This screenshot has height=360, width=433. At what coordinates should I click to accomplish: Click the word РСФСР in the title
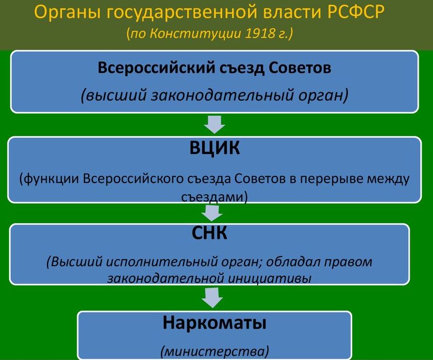point(356,12)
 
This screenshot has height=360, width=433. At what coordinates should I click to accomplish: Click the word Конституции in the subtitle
point(196,34)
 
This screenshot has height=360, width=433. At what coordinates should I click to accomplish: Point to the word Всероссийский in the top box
point(156,68)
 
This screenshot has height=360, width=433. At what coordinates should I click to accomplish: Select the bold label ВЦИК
point(214,148)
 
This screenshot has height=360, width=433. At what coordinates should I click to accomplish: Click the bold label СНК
point(209,233)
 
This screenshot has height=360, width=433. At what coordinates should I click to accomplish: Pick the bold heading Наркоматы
point(214,323)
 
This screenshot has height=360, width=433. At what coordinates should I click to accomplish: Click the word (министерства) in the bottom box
point(214,351)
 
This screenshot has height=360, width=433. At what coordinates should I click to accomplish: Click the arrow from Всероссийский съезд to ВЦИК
point(214,125)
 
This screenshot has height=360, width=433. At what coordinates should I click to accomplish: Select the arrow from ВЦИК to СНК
point(212,212)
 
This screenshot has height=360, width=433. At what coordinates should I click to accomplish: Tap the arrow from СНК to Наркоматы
point(212,298)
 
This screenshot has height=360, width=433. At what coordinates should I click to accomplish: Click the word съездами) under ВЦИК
point(214,197)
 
